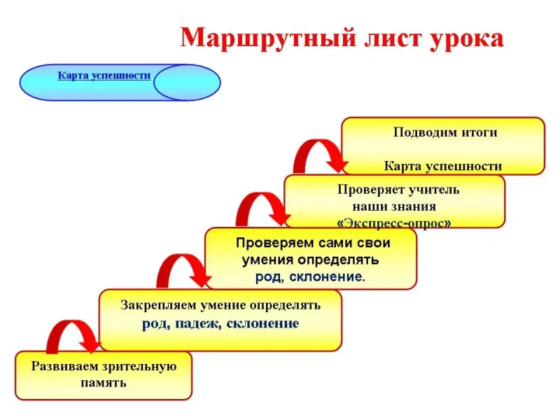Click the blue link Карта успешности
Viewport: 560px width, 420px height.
(104, 75)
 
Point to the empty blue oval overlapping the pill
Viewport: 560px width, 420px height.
(187, 83)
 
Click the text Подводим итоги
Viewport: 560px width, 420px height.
(444, 132)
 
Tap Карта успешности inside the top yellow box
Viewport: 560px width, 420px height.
(442, 166)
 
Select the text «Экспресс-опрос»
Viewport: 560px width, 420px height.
(393, 222)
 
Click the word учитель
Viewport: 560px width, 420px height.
(430, 189)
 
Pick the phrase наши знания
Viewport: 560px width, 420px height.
(393, 206)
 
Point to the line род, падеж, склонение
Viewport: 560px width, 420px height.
(220, 323)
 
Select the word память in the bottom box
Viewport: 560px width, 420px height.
(103, 383)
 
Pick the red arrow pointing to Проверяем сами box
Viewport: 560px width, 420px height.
(183, 270)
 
